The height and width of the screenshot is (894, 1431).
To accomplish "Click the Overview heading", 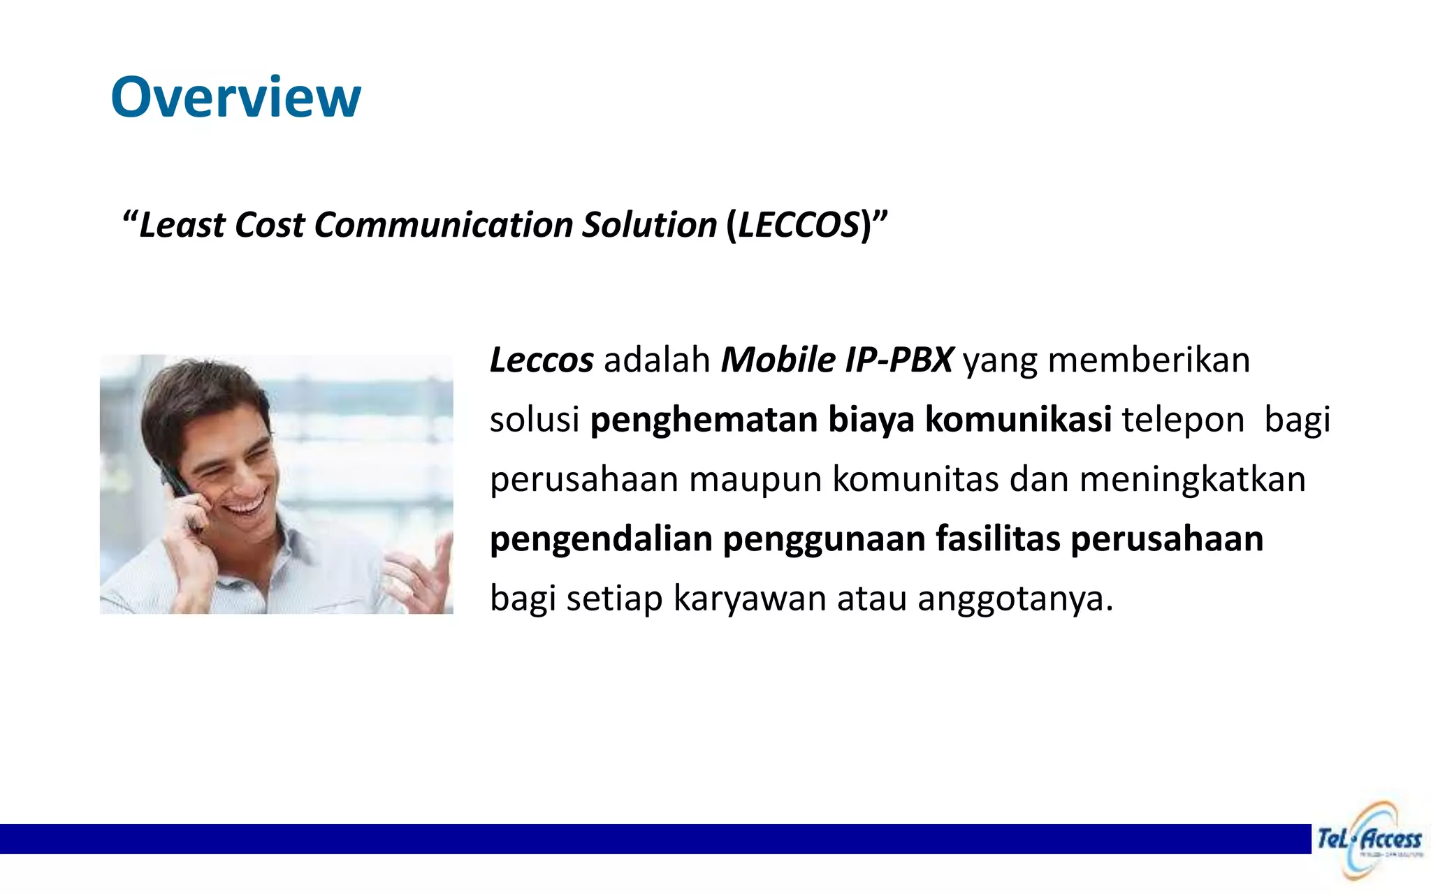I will pyautogui.click(x=235, y=97).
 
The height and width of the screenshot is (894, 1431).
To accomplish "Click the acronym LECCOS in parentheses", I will pyautogui.click(x=799, y=226).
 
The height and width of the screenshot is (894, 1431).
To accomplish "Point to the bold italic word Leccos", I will pyautogui.click(x=542, y=360).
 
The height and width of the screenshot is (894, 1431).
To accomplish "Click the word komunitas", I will pyautogui.click(x=915, y=480).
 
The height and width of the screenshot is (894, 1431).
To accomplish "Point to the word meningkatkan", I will pyautogui.click(x=1192, y=480).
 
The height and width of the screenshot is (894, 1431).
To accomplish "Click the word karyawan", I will pyautogui.click(x=750, y=599).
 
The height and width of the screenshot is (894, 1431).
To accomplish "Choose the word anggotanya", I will pyautogui.click(x=1015, y=599).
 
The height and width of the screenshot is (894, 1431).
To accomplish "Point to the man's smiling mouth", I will pyautogui.click(x=246, y=504).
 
